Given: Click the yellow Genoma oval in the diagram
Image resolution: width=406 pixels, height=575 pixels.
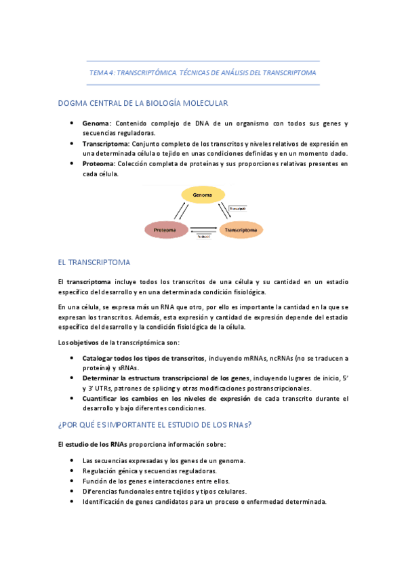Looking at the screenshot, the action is click(203, 195).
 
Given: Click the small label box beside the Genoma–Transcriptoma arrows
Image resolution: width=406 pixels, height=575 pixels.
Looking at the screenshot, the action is click(237, 207).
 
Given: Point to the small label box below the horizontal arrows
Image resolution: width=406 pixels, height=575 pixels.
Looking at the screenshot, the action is click(203, 237).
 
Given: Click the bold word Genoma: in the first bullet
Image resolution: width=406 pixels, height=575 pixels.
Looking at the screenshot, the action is click(97, 123).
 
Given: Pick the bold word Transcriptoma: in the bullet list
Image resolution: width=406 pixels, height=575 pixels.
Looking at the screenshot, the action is click(106, 144).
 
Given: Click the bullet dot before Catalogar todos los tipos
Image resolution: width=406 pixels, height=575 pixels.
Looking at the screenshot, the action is click(73, 357).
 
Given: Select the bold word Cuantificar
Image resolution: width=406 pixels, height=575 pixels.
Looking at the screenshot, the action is click(102, 398).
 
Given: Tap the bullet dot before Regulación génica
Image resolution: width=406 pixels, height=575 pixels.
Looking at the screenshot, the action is click(73, 471).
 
